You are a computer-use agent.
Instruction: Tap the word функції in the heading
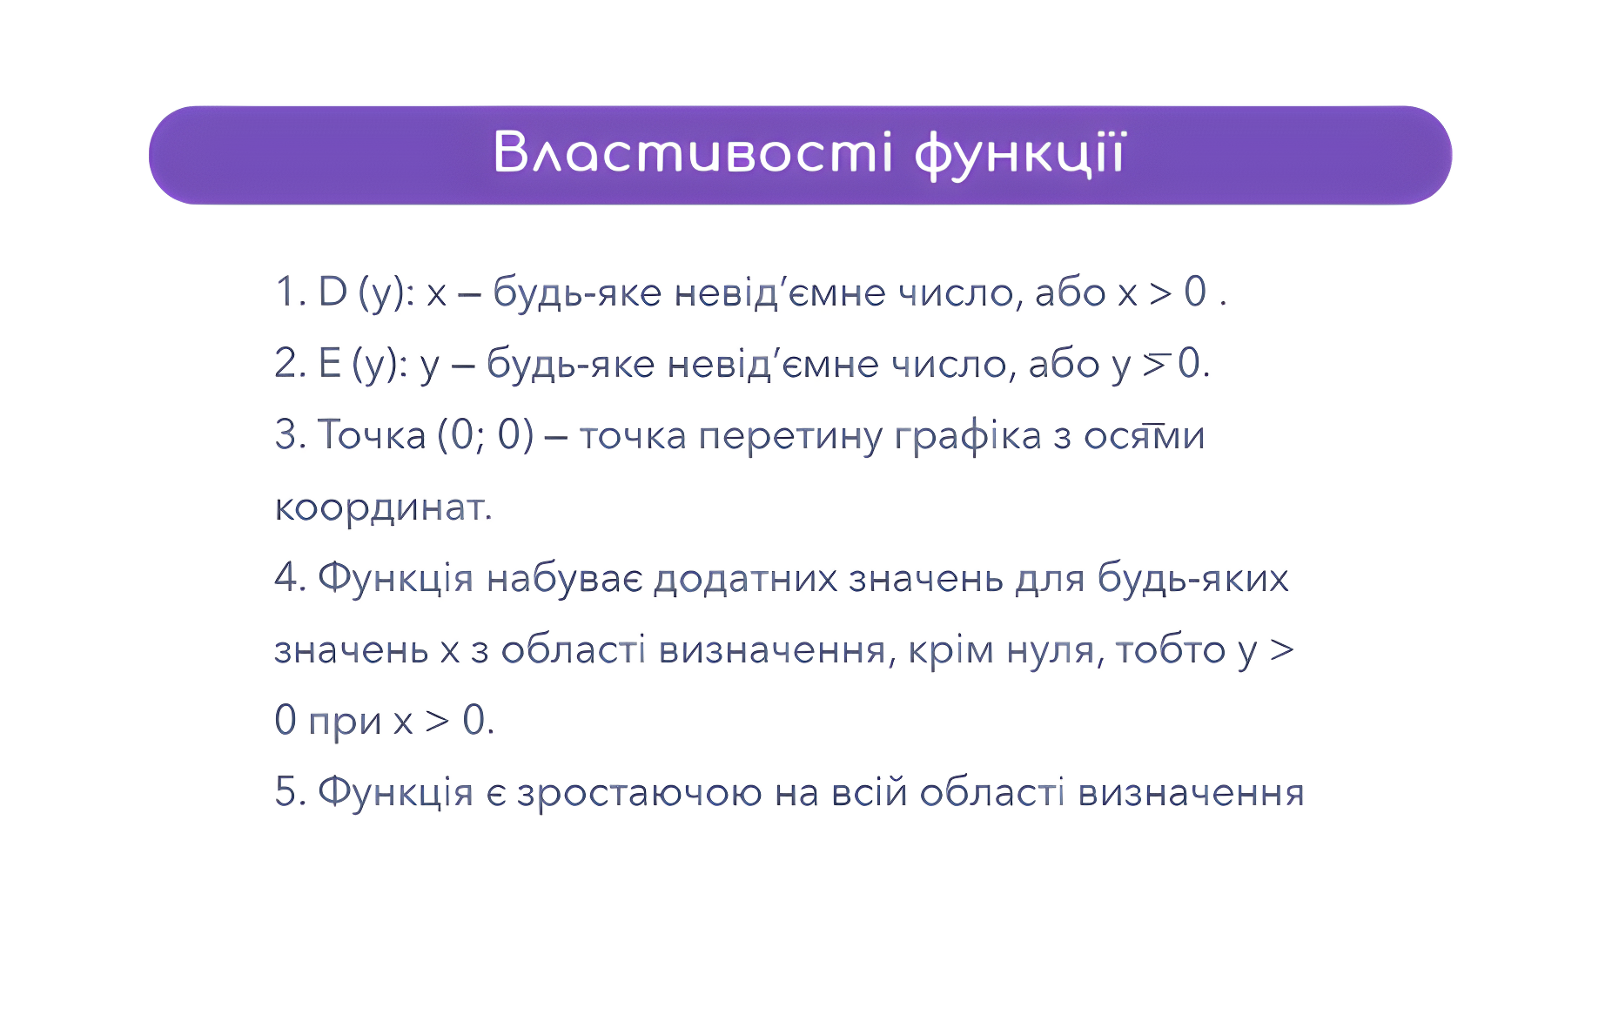coord(1020,155)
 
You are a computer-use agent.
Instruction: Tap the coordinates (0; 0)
coord(486,435)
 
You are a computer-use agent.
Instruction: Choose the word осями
coord(1144,435)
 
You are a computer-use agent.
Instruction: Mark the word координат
coord(383,508)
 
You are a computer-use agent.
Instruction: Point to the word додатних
coord(746,579)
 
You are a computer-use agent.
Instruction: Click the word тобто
coord(1171,649)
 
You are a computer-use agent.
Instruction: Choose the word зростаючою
coord(639,794)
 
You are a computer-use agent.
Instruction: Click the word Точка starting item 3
coord(371,434)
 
